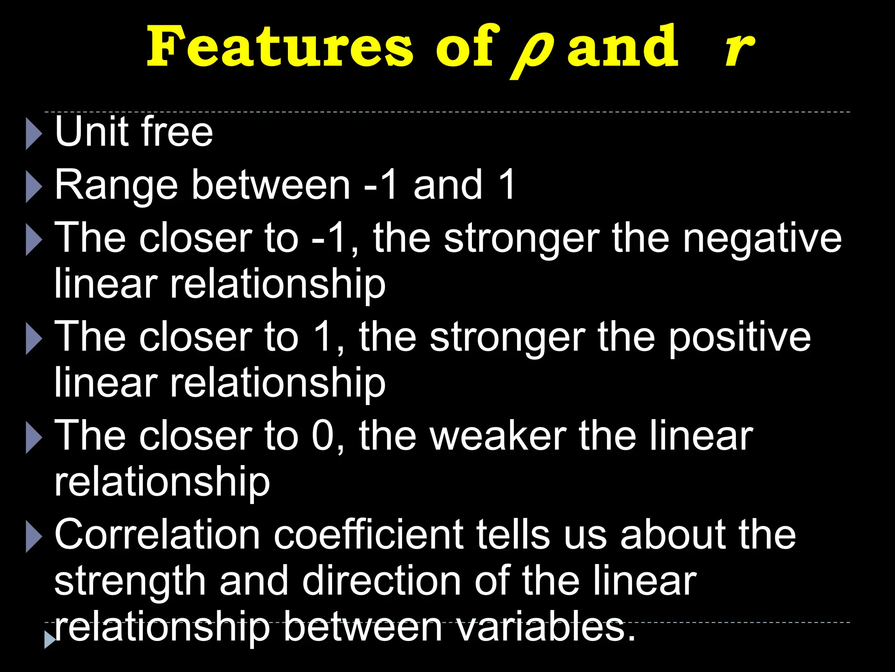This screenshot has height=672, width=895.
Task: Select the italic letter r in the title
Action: tap(739, 49)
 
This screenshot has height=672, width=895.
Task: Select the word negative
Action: tap(762, 239)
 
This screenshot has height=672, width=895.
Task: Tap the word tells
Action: tap(513, 535)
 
